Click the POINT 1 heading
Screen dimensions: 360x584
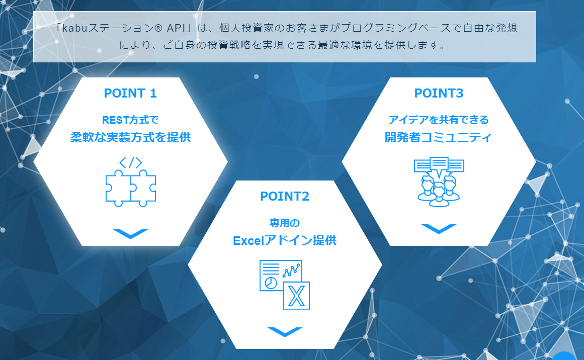(130, 94)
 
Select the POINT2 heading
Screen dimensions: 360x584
(285, 197)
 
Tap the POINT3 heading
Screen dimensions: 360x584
(439, 94)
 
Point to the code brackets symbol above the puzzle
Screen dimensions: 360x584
(130, 163)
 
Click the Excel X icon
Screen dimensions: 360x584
(296, 296)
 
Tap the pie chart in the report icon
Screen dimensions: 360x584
(271, 283)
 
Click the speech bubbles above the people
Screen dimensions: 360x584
(439, 165)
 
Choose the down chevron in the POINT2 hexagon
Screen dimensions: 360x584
(285, 332)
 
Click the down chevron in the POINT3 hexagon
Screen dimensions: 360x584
(439, 229)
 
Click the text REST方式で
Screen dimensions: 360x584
(130, 120)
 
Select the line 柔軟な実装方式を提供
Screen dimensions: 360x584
(130, 138)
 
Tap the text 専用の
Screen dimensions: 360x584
(285, 223)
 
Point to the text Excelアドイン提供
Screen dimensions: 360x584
(285, 241)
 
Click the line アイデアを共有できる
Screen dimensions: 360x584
(439, 120)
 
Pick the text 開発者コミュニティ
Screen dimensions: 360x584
(439, 138)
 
